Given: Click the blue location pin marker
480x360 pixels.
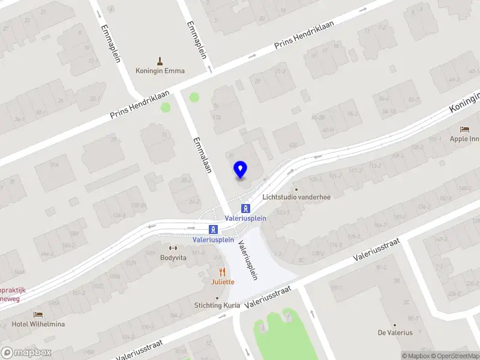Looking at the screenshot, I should (x=241, y=170).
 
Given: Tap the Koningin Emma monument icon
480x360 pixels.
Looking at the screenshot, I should (x=160, y=61).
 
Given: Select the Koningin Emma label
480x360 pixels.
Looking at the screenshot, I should (x=160, y=71).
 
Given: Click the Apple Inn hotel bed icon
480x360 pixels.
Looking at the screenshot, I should (x=464, y=129).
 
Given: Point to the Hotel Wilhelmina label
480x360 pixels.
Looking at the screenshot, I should (x=38, y=324).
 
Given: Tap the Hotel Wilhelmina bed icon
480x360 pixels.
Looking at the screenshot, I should (x=38, y=314).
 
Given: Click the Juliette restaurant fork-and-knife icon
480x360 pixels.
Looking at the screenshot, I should (x=222, y=272).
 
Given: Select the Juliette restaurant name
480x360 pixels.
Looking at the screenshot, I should (x=222, y=281).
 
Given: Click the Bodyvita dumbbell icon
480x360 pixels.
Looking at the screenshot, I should (x=173, y=248).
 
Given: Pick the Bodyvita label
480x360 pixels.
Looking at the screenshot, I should (x=173, y=257).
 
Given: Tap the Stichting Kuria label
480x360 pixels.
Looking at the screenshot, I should (x=217, y=305).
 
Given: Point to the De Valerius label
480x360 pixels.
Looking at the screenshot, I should (x=395, y=332).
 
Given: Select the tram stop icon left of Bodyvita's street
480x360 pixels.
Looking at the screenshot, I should (x=212, y=229).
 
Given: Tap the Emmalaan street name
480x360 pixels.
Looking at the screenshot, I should (x=202, y=155).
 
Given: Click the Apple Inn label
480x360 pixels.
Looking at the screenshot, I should (x=464, y=139).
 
